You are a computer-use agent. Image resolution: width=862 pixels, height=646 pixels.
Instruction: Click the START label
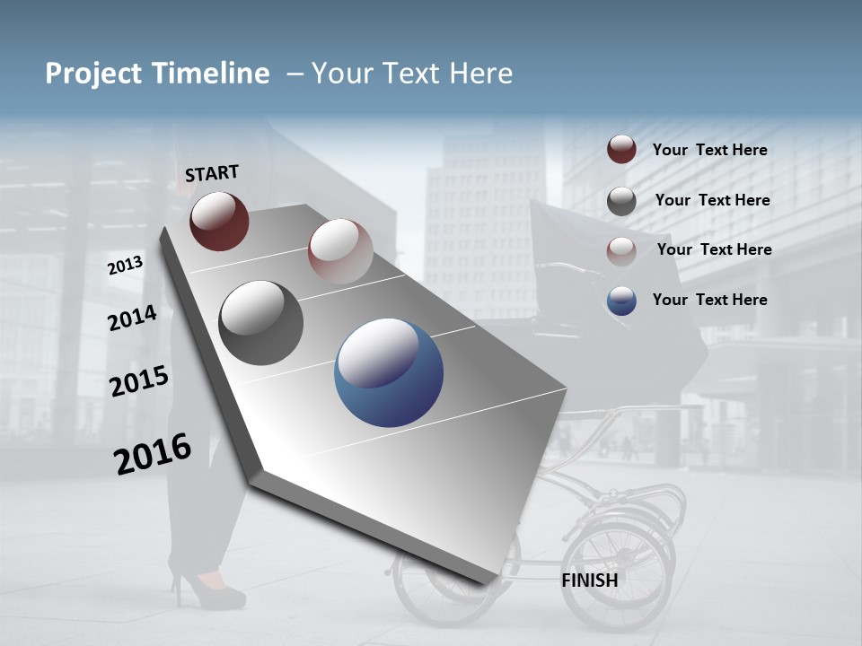click(212, 173)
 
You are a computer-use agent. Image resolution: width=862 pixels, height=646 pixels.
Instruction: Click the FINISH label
click(589, 581)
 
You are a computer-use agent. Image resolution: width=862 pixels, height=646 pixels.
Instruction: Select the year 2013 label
click(125, 266)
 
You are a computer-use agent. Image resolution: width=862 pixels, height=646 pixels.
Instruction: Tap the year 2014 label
click(132, 318)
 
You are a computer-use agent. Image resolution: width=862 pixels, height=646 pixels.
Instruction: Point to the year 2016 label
click(153, 454)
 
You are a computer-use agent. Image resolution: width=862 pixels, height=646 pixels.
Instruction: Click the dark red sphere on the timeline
click(219, 221)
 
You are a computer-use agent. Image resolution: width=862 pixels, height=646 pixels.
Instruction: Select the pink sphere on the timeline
click(340, 251)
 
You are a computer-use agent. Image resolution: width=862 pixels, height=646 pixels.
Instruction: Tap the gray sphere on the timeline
click(261, 323)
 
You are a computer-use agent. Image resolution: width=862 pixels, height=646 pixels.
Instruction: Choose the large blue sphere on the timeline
click(389, 372)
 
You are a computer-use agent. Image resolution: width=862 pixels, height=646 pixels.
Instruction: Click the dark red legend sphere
click(621, 150)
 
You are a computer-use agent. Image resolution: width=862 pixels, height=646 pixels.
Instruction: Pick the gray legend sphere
click(621, 201)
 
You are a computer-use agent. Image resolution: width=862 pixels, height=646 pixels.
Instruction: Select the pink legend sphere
click(621, 250)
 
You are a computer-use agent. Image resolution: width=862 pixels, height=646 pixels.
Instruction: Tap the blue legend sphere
click(621, 301)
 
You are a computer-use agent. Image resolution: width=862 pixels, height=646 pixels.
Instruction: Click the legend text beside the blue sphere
click(709, 300)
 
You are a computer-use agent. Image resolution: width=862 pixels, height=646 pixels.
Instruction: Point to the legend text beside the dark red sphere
click(709, 150)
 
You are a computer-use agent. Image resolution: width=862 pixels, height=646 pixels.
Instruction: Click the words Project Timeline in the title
click(157, 74)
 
